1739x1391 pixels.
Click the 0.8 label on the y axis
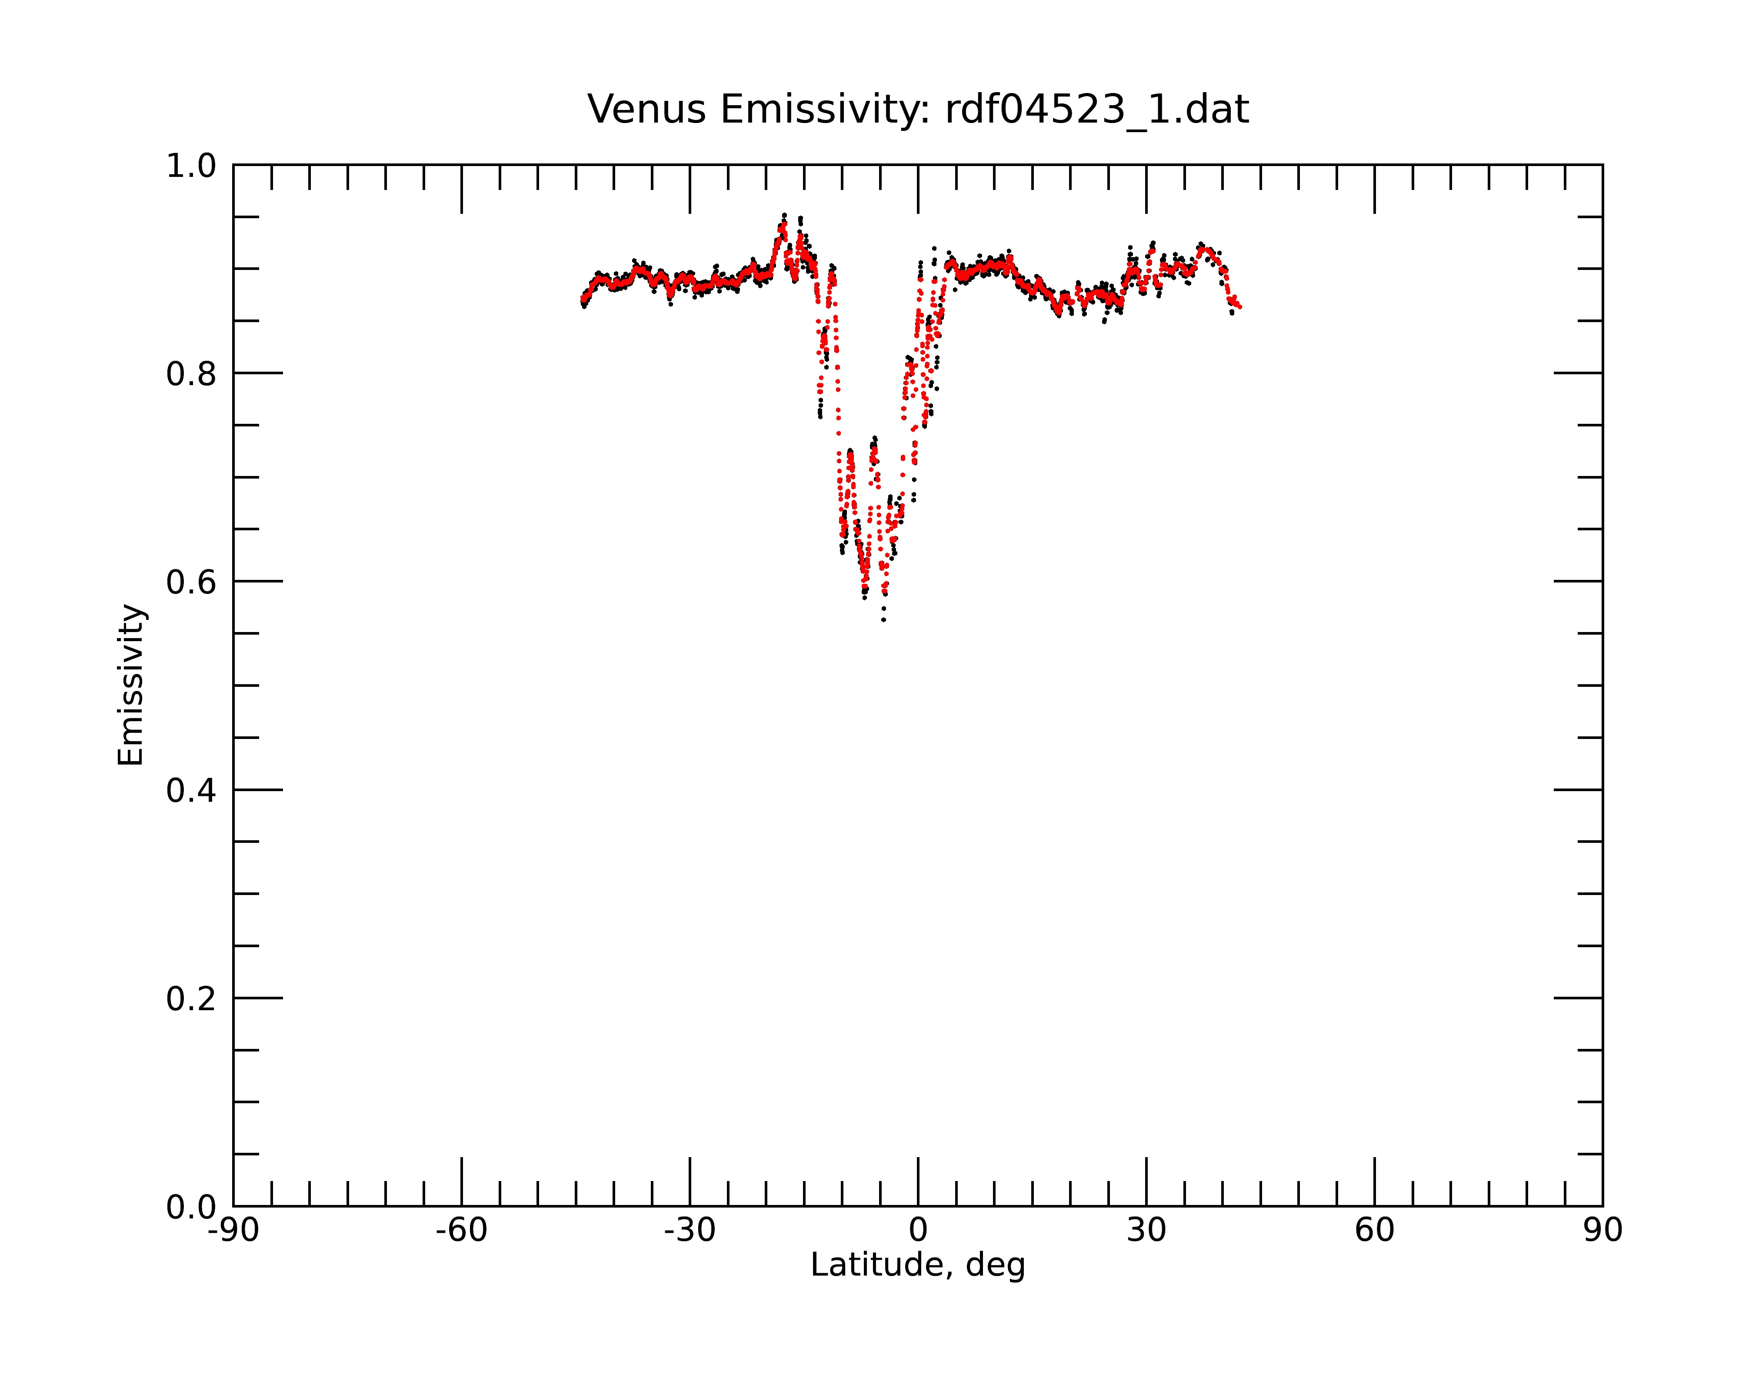[191, 374]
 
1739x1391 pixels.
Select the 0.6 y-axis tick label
[191, 582]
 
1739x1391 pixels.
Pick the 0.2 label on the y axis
[191, 999]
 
